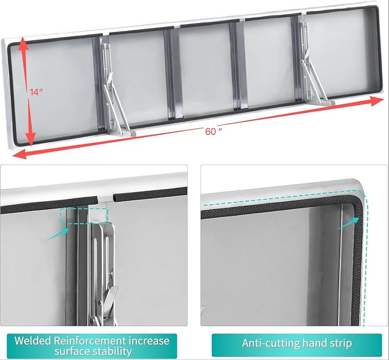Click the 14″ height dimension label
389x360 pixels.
36,92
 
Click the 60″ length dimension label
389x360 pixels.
213,131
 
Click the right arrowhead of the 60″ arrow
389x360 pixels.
377,101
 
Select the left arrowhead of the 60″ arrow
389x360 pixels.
19,154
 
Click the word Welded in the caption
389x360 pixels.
33,341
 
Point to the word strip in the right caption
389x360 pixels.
341,343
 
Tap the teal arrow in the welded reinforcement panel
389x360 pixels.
58,234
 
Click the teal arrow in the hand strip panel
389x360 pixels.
349,223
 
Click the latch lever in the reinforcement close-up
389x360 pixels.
109,299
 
